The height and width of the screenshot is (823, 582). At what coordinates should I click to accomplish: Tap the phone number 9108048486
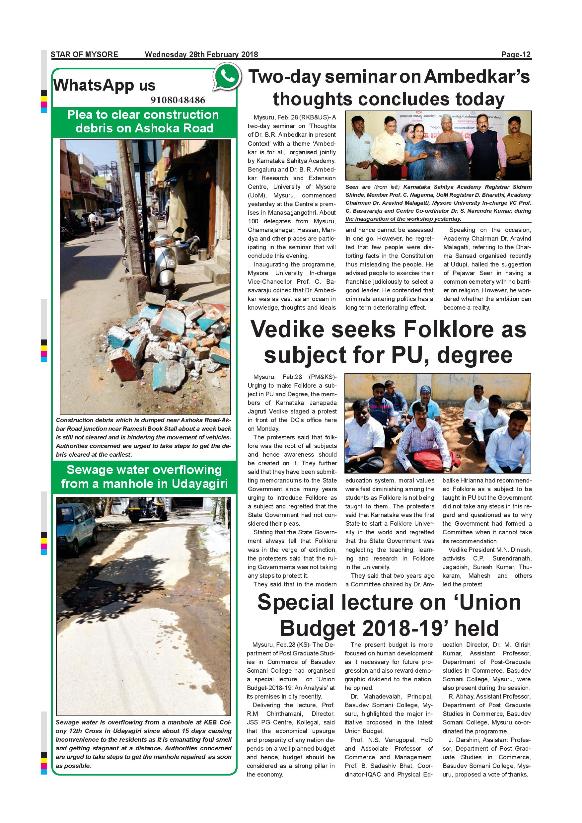pos(178,100)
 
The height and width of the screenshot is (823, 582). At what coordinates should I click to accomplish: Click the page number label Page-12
pos(516,54)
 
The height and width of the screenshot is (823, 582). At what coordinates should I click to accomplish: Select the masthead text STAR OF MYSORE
pos(84,54)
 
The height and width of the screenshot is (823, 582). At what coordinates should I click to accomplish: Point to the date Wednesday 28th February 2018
pos(201,54)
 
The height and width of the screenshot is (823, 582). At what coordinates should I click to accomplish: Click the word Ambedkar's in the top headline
pos(477,76)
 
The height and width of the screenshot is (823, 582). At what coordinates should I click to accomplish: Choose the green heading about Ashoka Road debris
pos(144,121)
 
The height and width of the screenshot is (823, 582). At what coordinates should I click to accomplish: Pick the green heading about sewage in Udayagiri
pos(144,477)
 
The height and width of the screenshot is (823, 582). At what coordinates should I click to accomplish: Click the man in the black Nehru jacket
pos(486,147)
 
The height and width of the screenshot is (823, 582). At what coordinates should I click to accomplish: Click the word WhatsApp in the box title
pos(94,85)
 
